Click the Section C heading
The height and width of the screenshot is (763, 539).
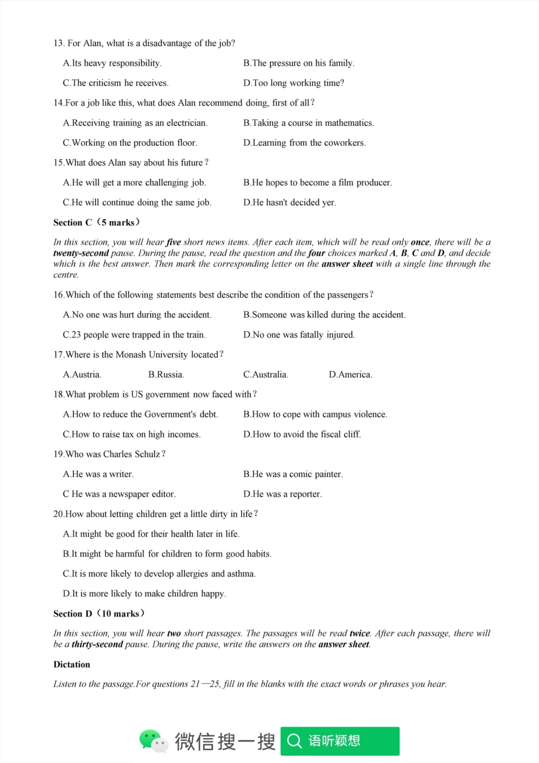(x=96, y=222)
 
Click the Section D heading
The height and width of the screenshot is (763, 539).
(x=99, y=613)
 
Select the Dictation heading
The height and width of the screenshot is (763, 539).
(x=71, y=664)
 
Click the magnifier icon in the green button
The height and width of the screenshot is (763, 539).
(x=294, y=741)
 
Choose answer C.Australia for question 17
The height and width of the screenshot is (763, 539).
(x=266, y=374)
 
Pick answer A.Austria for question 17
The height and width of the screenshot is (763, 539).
(x=82, y=374)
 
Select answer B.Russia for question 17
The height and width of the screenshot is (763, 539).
(x=166, y=374)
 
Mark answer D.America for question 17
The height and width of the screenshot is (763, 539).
(x=351, y=374)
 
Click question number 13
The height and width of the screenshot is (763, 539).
(x=58, y=43)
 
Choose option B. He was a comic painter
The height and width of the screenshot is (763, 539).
(x=293, y=474)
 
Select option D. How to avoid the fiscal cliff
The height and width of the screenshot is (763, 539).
(x=302, y=435)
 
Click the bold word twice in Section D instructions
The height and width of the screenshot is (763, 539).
(x=360, y=633)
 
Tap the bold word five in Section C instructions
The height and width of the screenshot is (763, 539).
(x=173, y=242)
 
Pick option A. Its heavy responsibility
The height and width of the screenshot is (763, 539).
(x=112, y=63)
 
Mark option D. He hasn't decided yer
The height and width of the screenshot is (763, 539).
(x=289, y=203)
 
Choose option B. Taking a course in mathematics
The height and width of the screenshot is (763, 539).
(x=309, y=123)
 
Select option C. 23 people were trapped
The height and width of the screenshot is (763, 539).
(x=134, y=335)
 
